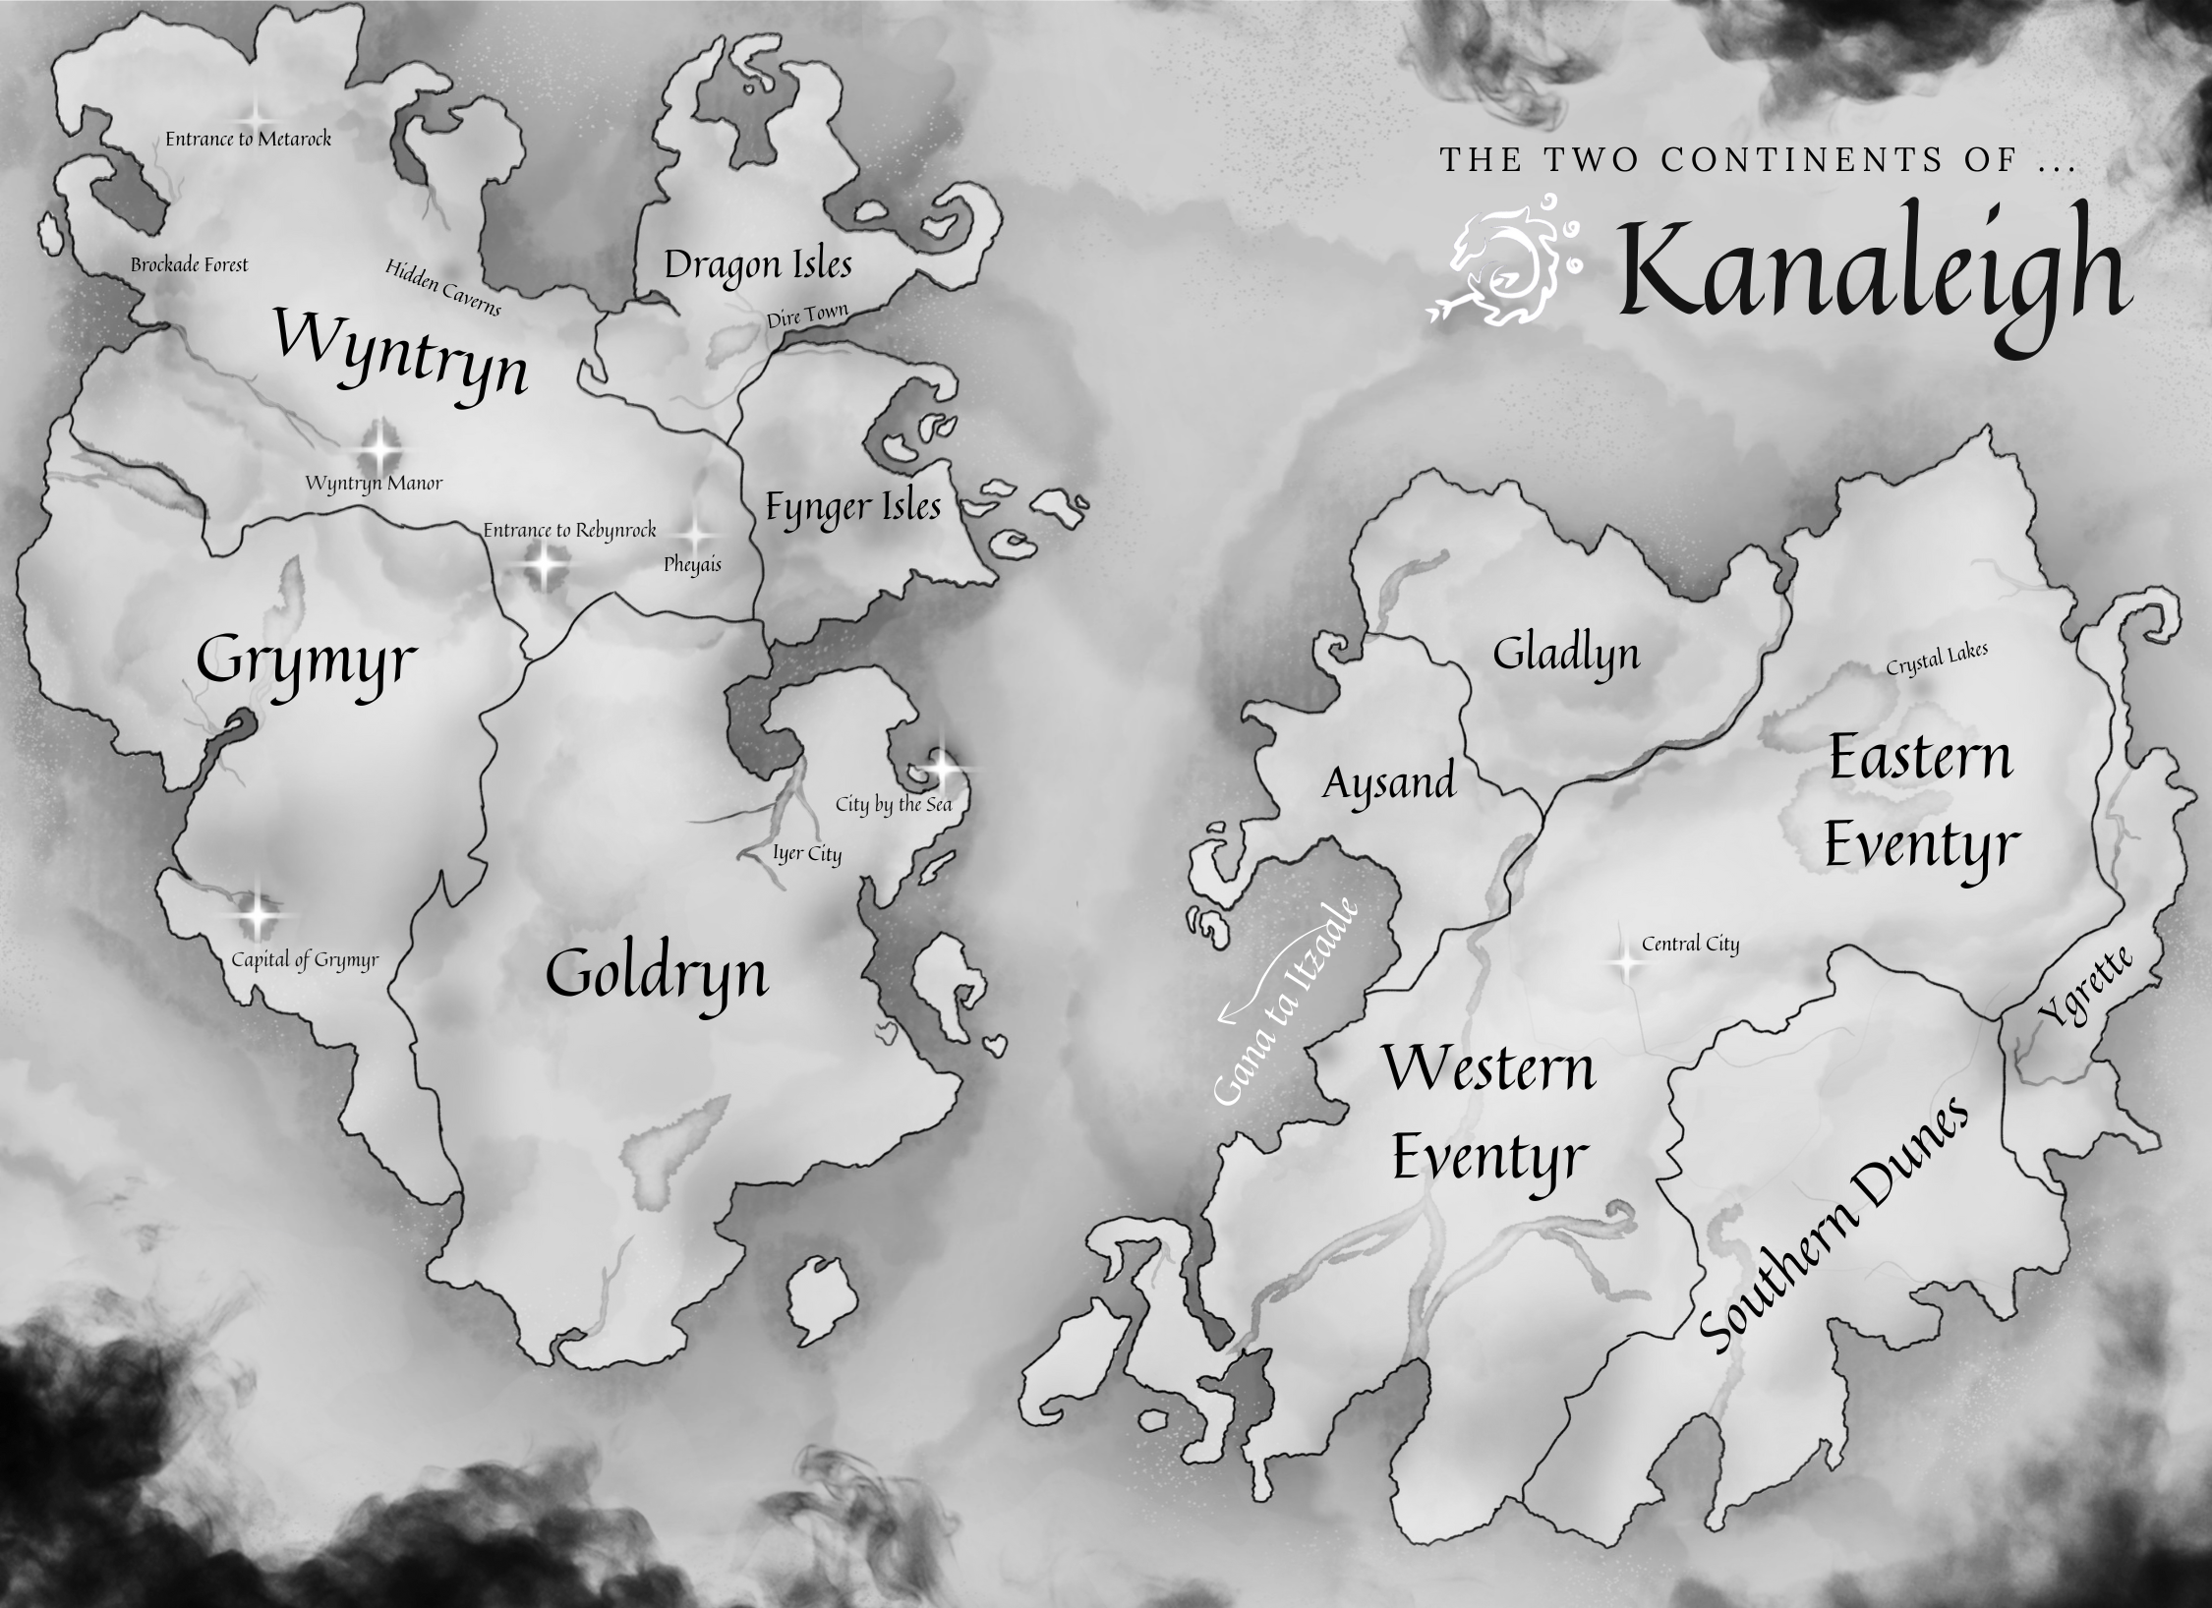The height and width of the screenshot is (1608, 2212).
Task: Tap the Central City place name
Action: pyautogui.click(x=1690, y=945)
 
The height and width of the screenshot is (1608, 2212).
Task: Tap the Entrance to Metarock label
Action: pyautogui.click(x=248, y=140)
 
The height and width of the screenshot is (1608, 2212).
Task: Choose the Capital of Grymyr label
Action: pyautogui.click(x=305, y=960)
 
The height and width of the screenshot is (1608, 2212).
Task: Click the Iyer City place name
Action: pyautogui.click(x=807, y=854)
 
